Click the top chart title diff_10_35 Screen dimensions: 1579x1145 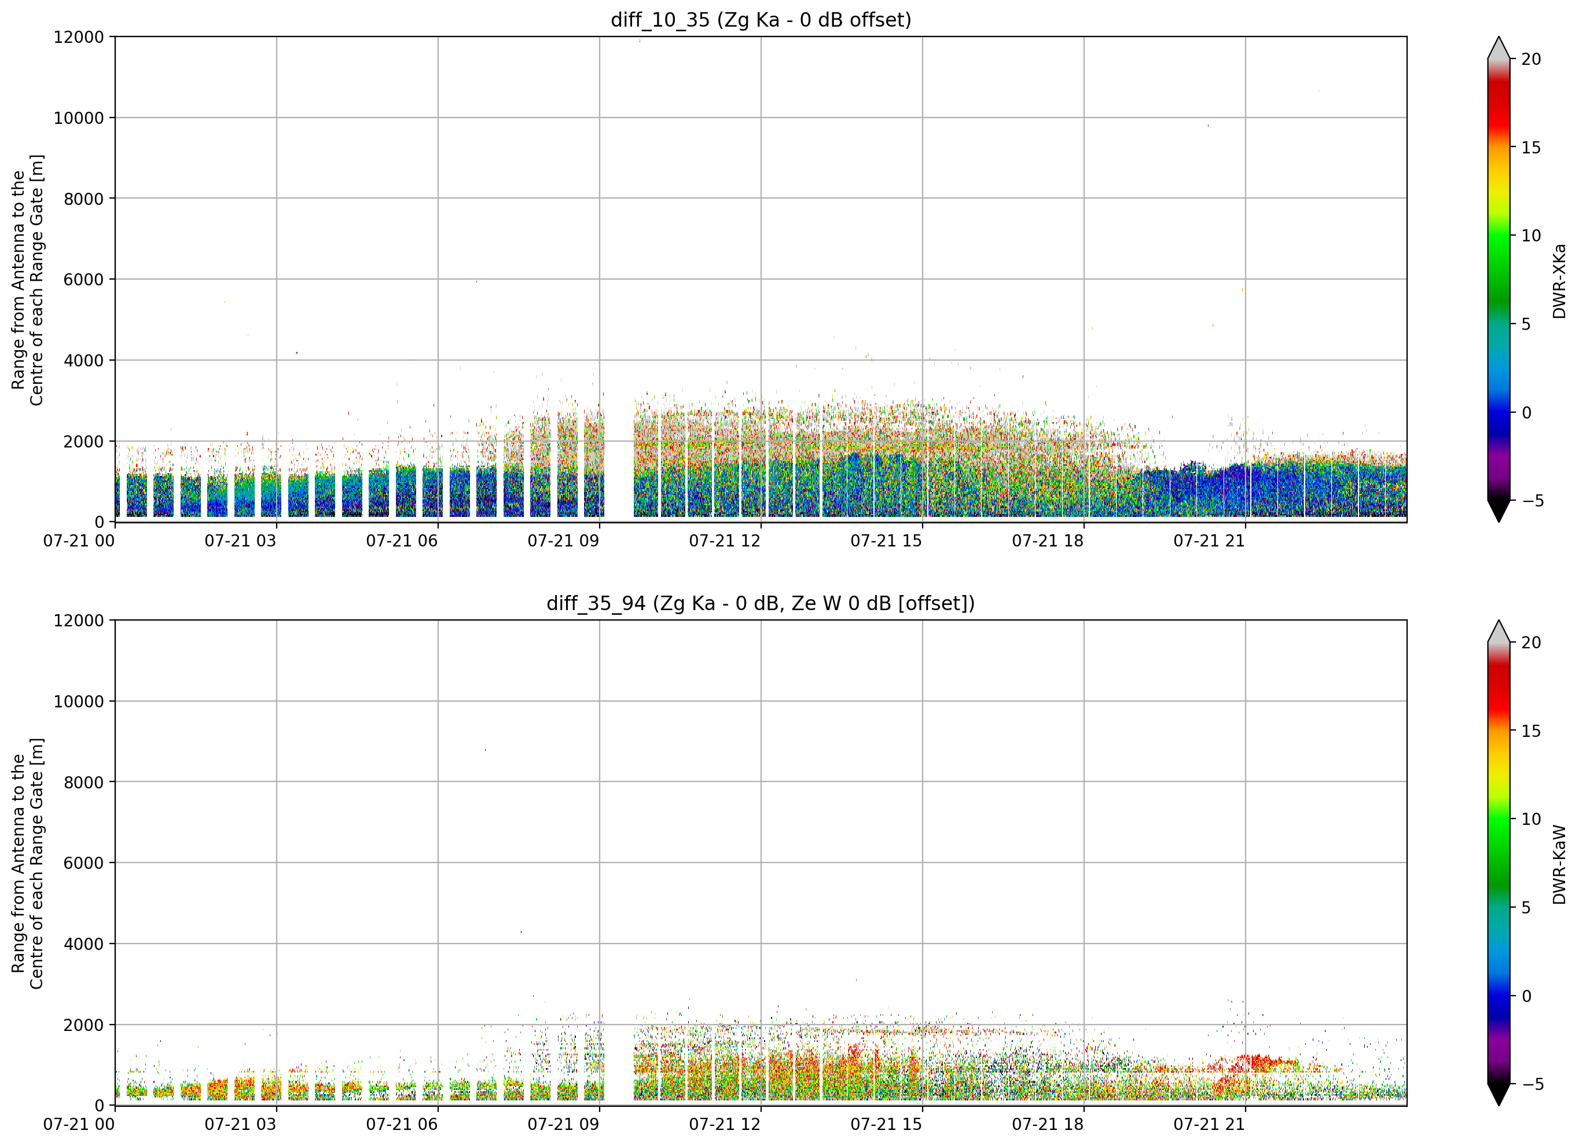(659, 20)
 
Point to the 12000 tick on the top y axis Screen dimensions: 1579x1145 (79, 37)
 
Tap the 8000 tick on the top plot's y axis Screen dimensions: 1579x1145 (83, 199)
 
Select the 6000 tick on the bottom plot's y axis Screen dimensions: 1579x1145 (83, 863)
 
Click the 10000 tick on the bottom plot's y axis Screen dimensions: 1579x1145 (79, 702)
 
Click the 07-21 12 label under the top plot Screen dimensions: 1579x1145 (725, 541)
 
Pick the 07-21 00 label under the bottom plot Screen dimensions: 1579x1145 (79, 1125)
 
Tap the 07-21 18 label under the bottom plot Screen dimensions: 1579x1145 (1048, 1125)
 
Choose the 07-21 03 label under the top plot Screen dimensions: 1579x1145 (240, 541)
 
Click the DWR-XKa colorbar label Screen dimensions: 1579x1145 (1559, 281)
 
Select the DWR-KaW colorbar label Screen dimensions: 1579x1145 (1559, 864)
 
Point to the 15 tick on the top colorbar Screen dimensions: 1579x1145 (1532, 148)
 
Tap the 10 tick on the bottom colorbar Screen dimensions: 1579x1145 (1532, 819)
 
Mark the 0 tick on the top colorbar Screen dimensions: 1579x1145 (1527, 413)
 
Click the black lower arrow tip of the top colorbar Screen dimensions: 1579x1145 (1499, 522)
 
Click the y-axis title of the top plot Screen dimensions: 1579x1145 (28, 280)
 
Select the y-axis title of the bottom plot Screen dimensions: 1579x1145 (28, 864)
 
